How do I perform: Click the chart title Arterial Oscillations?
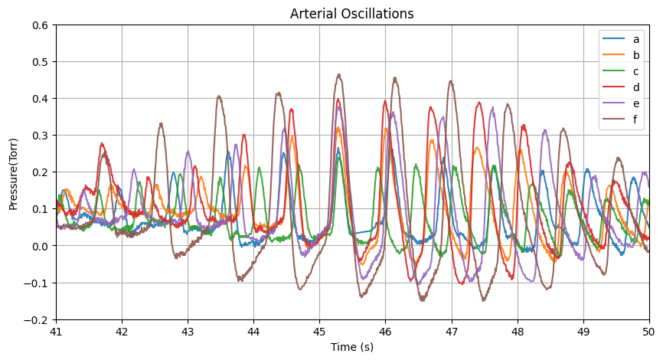pos(351,14)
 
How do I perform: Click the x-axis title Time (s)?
pos(351,347)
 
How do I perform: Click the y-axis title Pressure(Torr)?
pos(13,172)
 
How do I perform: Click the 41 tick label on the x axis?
pos(56,332)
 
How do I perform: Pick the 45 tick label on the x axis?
pos(319,332)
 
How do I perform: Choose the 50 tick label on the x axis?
pos(648,332)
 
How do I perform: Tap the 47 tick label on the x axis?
pos(451,332)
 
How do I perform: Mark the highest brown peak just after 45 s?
pos(339,75)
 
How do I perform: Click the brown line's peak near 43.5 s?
pos(219,97)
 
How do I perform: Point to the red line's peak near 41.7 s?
pos(102,143)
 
